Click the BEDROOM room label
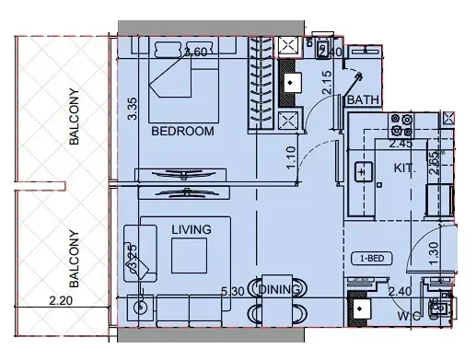click(x=182, y=132)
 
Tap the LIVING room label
click(x=191, y=229)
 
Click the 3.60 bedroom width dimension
click(x=195, y=52)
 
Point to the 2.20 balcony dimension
click(x=62, y=299)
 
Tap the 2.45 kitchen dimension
click(x=401, y=144)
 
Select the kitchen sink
click(x=363, y=171)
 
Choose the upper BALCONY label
click(x=73, y=116)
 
